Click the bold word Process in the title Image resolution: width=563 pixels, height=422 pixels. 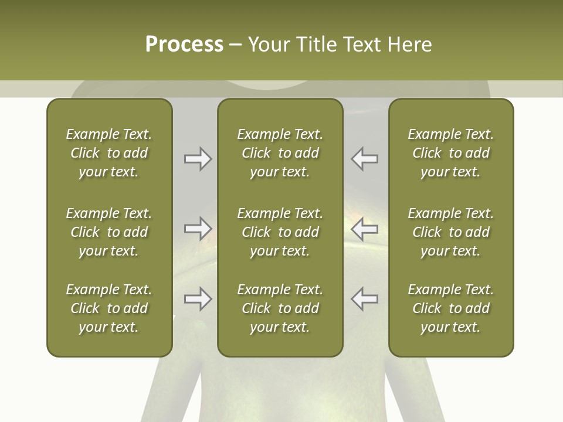point(184,45)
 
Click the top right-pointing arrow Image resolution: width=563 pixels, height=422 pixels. point(198,159)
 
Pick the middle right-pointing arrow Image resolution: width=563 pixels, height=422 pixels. point(198,229)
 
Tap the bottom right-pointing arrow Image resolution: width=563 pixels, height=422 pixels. point(198,299)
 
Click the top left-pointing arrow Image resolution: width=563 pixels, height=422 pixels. point(365,159)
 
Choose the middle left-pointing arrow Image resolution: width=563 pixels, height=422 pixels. point(365,229)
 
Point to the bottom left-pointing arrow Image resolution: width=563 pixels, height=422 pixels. point(365,299)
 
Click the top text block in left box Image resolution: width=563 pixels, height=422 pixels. point(109,153)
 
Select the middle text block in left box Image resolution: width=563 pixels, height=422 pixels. point(109,232)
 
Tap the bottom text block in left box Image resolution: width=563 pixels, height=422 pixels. point(109,308)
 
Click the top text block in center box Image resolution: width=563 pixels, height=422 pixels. point(280,153)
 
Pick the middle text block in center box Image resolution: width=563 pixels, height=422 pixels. point(280,232)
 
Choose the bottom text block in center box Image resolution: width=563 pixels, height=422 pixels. point(280,308)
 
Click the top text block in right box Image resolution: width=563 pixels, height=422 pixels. point(450,153)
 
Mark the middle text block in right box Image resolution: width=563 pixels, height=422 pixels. point(450,232)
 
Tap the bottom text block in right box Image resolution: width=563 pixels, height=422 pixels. point(450,308)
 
